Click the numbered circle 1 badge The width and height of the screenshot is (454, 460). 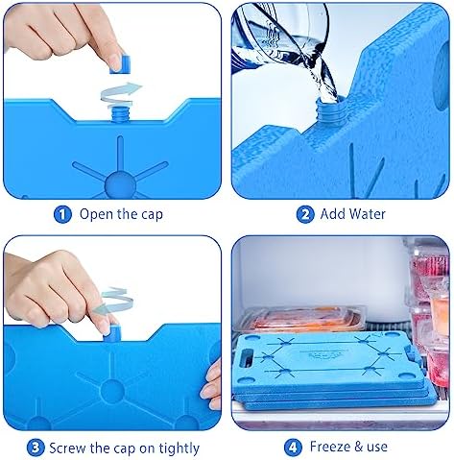tap(63, 214)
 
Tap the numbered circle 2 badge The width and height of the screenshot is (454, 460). tap(305, 214)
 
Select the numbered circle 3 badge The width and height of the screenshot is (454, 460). tap(35, 447)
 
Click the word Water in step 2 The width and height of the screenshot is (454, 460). tap(367, 214)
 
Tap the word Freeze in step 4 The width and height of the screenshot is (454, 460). tap(331, 447)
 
